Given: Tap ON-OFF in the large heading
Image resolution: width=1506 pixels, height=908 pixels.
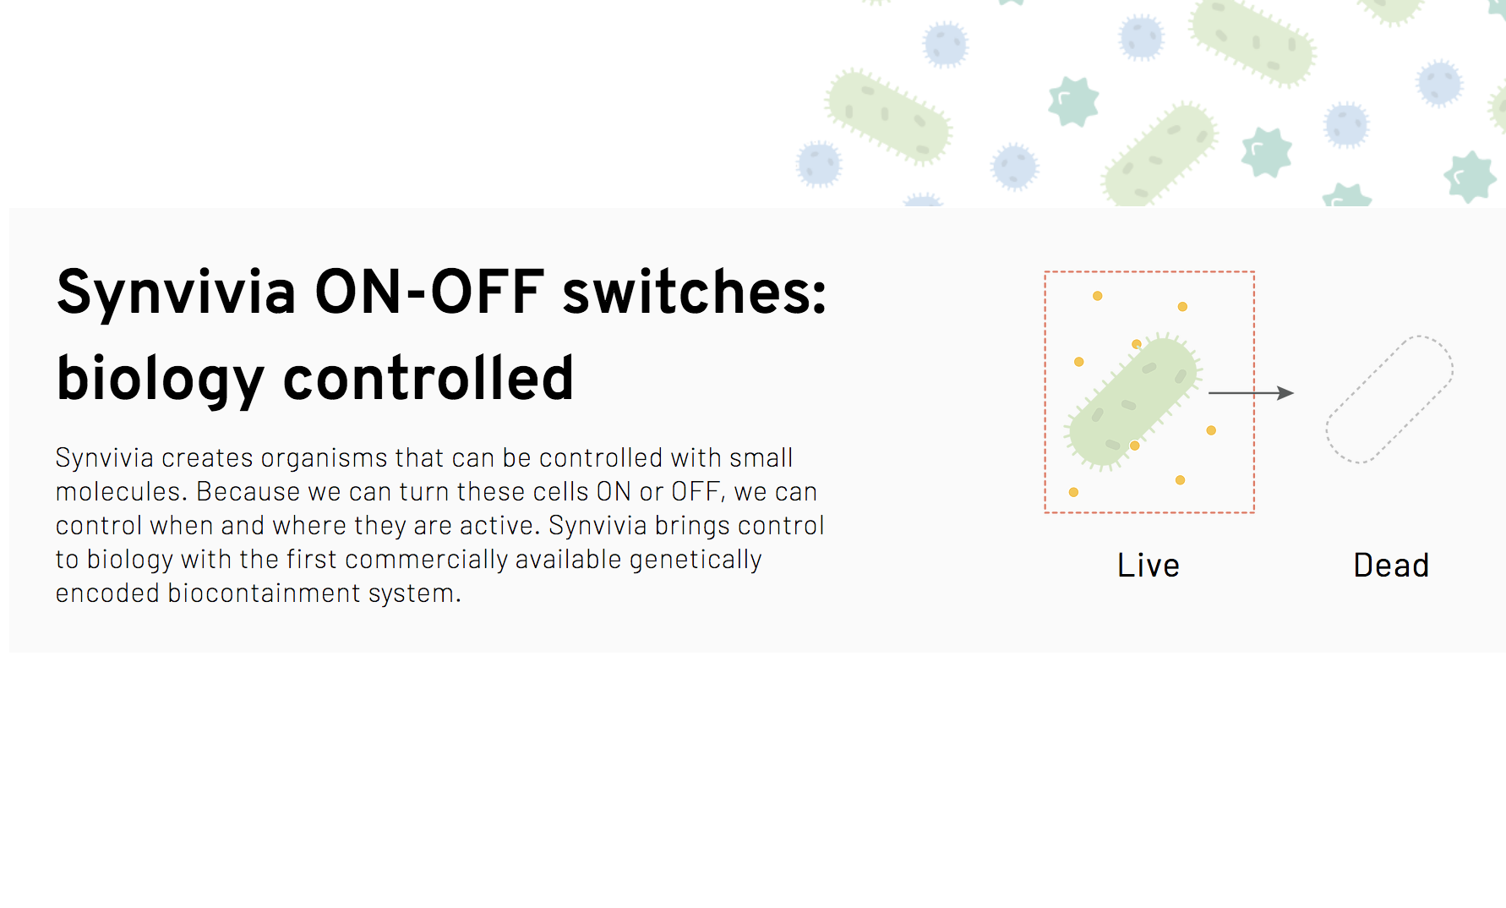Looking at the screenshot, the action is click(x=429, y=292).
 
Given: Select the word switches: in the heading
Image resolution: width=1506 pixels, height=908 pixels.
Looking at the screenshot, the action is click(x=695, y=292).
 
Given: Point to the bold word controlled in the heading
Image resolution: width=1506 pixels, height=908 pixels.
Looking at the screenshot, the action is click(x=428, y=378).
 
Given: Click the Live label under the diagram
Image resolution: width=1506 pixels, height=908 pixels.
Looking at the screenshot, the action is click(x=1148, y=565).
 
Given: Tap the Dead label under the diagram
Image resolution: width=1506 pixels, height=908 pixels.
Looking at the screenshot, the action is click(x=1391, y=565).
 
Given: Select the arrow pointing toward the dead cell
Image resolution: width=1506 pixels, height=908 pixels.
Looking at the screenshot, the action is click(x=1252, y=393).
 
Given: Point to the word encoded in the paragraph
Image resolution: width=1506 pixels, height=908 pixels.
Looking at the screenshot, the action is click(x=107, y=593).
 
